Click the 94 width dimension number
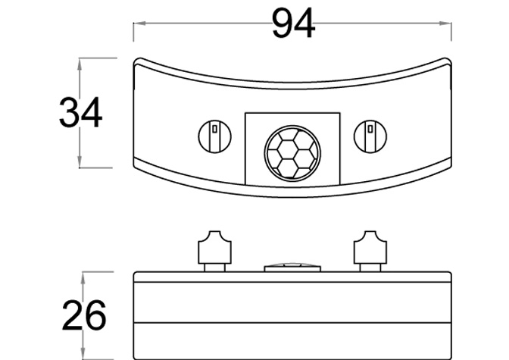point(293,23)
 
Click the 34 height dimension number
point(80,113)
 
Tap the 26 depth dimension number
point(84,315)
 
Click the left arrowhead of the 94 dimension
point(139,23)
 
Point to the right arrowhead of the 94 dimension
point(445,23)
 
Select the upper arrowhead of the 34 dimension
point(80,64)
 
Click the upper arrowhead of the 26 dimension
point(83,278)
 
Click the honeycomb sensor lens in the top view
point(292,153)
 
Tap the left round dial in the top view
point(214,136)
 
